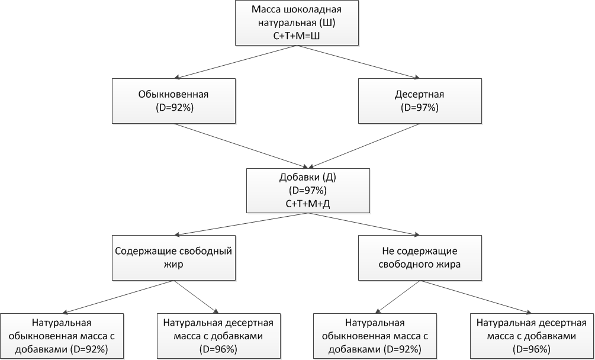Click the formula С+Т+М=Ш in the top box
point(297,36)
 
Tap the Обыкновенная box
point(174,101)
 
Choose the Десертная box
point(420,101)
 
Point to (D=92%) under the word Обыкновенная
point(174,107)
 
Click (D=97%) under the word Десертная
point(419,107)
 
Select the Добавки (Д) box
point(308,191)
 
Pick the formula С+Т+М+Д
point(308,204)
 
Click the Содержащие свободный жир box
point(174,258)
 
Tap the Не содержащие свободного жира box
point(420,258)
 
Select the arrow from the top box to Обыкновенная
point(235,62)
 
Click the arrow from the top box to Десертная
point(358,62)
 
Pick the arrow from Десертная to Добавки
point(364,146)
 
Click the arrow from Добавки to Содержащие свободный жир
point(241,224)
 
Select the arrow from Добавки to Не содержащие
point(364,224)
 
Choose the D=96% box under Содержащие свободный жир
point(218,336)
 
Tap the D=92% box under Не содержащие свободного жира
point(375,336)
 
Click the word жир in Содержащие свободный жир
point(174,265)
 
